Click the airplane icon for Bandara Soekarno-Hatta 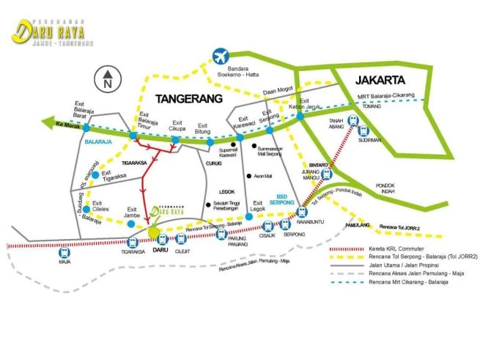tap(218, 56)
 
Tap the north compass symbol tap(107, 78)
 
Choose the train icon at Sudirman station tap(363, 131)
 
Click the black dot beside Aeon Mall tap(249, 176)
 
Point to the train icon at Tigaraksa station tap(133, 241)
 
